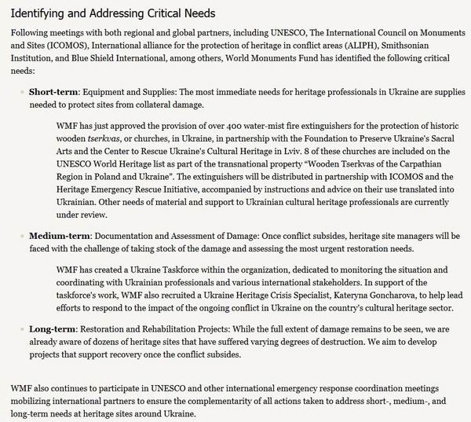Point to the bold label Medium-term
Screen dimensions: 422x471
62,236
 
